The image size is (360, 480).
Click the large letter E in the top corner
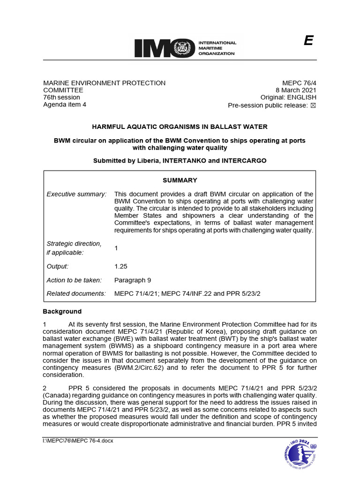[x=308, y=41]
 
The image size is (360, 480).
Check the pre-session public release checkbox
[x=314, y=105]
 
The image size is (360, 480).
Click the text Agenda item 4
[x=65, y=105]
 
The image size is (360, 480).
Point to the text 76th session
[x=61, y=97]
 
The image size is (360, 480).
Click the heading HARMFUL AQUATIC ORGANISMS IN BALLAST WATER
[x=180, y=127]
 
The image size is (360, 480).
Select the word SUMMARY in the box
[x=180, y=180]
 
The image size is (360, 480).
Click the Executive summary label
[x=76, y=194]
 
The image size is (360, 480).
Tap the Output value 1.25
[x=121, y=266]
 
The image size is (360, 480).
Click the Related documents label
[x=76, y=294]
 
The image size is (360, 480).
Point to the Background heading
[x=62, y=311]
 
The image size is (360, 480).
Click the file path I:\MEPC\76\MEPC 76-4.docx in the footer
[x=78, y=441]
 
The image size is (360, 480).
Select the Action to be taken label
[x=74, y=280]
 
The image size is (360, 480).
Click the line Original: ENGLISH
[x=289, y=98]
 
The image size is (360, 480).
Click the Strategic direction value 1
[x=116, y=248]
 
